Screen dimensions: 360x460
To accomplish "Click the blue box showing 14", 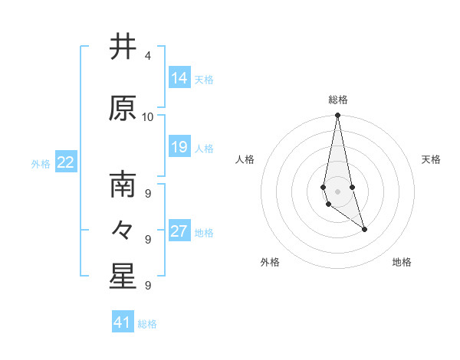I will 179,78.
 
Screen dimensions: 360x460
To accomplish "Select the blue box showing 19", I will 179,147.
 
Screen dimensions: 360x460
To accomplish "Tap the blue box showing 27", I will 179,231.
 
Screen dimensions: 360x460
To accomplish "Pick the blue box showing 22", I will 66,162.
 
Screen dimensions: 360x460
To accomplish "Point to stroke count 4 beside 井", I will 147,56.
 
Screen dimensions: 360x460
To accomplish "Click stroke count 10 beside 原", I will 148,116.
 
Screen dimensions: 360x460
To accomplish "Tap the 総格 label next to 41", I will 147,324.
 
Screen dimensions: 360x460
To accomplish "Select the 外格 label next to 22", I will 41,163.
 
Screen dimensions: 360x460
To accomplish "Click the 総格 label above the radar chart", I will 338,100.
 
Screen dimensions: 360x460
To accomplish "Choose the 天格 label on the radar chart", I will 432,159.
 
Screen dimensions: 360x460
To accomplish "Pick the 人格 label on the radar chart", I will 245,159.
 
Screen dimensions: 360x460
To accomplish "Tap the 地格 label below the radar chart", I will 402,262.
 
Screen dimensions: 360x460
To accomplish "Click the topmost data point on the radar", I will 337,116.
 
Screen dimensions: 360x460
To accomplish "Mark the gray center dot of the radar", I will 337,191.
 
